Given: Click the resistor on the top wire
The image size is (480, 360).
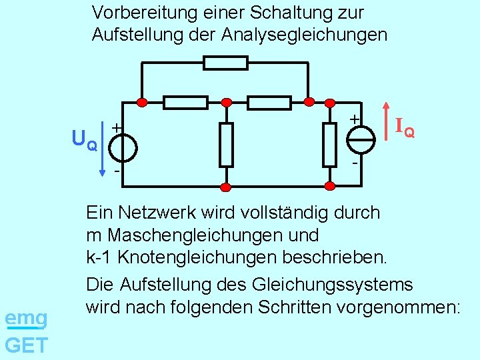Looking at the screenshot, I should point(225,63).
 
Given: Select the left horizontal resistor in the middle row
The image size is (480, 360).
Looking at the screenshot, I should point(185,102).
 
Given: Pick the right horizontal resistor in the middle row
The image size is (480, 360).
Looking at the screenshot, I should point(269,102).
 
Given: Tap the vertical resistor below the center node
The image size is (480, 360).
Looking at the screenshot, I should point(227,144).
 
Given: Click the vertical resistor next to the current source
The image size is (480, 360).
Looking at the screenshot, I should point(329,144).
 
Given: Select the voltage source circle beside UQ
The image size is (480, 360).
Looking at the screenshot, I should point(124,147).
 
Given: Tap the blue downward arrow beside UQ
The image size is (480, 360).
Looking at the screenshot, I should point(102,149).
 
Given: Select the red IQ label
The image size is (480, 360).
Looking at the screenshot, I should point(405,127).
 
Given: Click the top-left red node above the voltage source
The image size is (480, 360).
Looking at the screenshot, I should point(141,102).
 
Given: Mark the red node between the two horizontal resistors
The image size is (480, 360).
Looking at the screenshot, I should point(227,102).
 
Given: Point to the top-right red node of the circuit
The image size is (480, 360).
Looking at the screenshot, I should point(309,101).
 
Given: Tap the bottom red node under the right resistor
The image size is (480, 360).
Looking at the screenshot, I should point(329,186).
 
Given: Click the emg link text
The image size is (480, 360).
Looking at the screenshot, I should point(25,319).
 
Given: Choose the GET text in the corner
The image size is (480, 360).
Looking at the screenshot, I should point(25,345).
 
